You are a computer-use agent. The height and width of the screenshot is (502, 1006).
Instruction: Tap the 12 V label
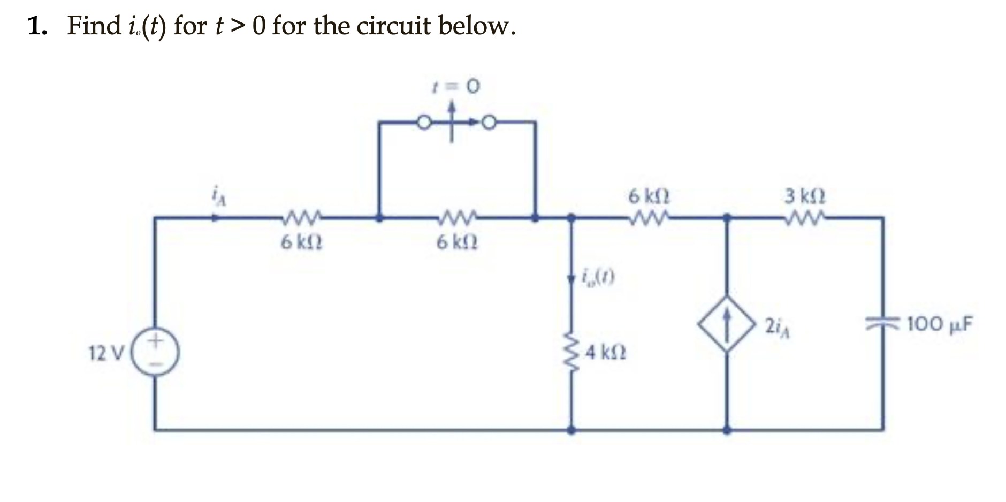click(105, 353)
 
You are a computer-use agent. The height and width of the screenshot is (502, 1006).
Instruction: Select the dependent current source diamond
click(726, 323)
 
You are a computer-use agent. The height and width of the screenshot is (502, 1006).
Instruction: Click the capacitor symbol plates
click(883, 322)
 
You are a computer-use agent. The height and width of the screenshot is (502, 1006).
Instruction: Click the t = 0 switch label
click(455, 86)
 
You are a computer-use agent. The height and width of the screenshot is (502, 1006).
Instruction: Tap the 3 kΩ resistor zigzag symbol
click(805, 217)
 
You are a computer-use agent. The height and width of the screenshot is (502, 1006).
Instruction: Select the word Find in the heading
click(94, 26)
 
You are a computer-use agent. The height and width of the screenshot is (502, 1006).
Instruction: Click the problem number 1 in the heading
click(36, 26)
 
